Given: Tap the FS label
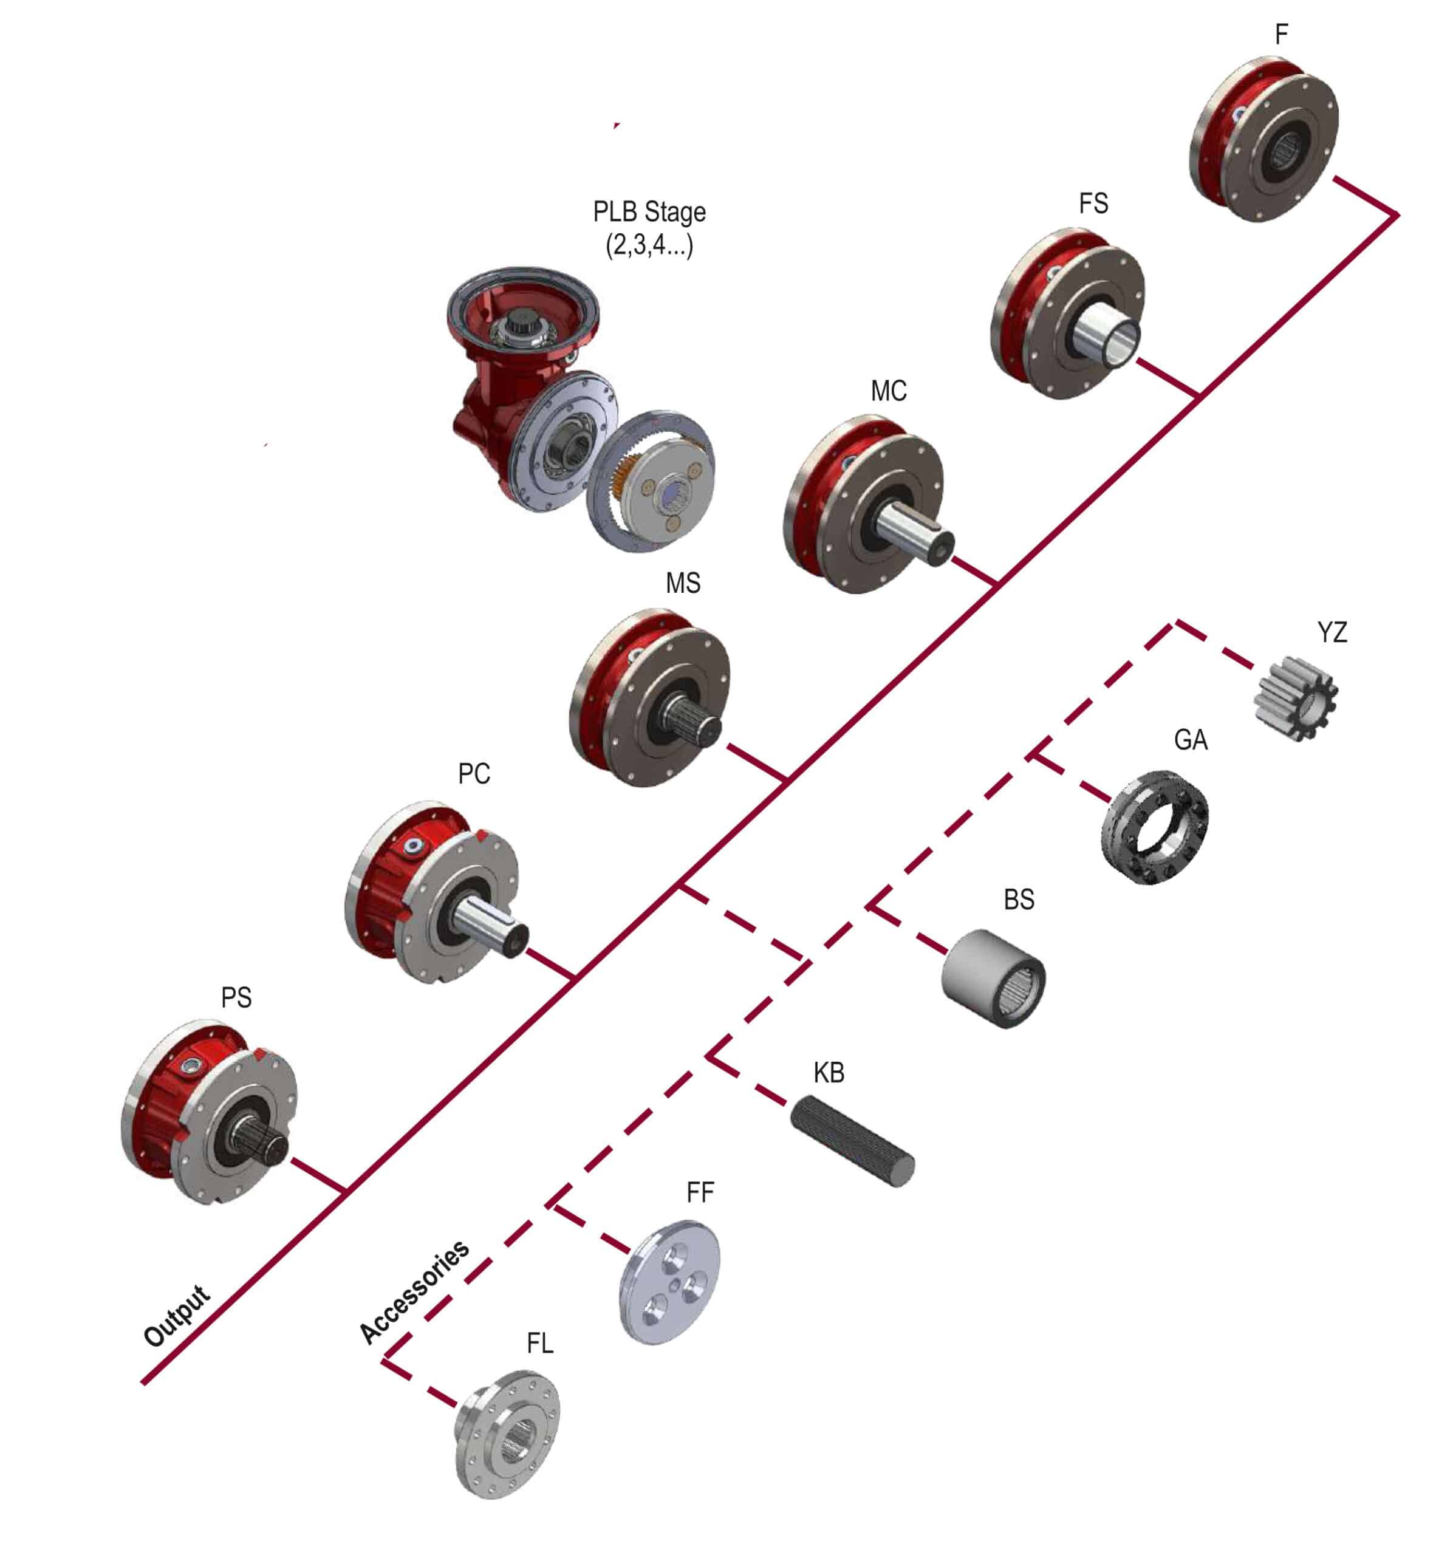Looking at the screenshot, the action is (x=1093, y=203).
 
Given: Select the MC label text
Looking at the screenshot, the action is (x=889, y=391).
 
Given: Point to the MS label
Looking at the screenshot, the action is (x=683, y=583).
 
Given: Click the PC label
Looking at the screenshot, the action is (x=474, y=774).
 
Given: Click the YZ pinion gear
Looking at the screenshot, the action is (x=1294, y=698).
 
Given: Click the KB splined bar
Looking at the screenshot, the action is (x=852, y=1141).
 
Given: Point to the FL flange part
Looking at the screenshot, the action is (x=507, y=1435).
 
